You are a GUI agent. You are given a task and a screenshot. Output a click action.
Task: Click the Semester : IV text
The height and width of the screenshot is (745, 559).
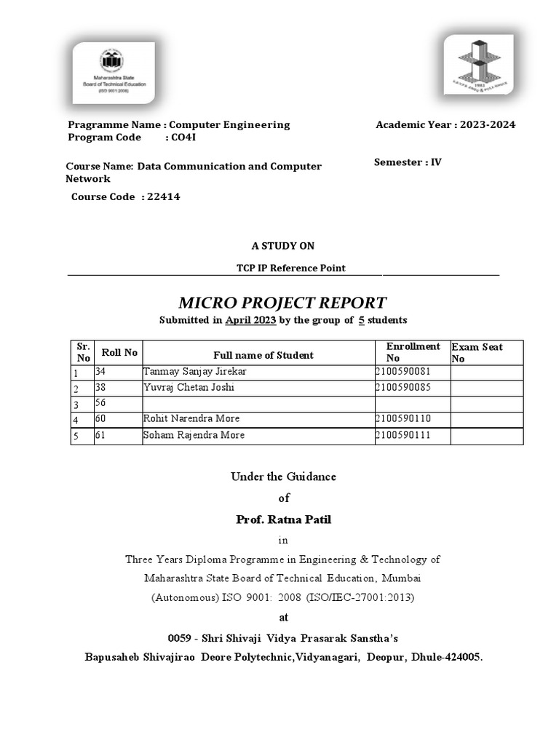click(x=408, y=162)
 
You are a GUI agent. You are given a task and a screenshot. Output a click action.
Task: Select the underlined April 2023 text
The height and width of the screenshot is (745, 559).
click(x=250, y=320)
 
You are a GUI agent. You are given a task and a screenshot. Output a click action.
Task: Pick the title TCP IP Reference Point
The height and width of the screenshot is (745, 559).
click(x=290, y=268)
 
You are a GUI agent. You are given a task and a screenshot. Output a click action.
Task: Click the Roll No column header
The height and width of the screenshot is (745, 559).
click(x=119, y=352)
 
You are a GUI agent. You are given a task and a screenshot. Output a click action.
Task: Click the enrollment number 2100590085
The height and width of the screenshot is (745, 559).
click(x=403, y=387)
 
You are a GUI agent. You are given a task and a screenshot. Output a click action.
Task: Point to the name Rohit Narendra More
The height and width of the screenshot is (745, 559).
click(x=191, y=418)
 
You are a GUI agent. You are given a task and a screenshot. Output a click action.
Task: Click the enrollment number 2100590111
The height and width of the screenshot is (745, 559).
click(x=403, y=435)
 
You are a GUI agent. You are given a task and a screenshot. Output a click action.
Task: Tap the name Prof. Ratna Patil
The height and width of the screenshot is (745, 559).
click(x=283, y=519)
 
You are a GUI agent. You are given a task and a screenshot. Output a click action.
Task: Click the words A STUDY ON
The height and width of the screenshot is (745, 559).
click(x=283, y=246)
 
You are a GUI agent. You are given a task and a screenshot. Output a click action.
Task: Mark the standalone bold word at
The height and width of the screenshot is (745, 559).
click(x=283, y=617)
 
